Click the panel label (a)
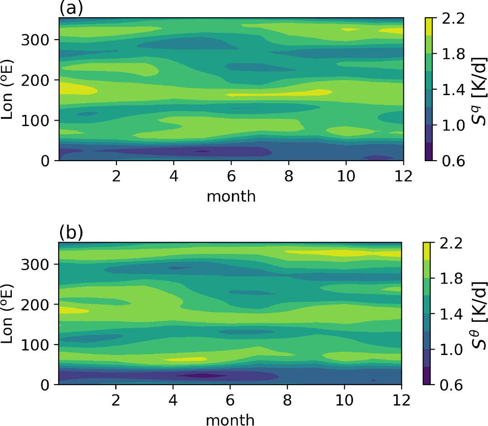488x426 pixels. [70, 8]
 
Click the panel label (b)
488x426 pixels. [71, 232]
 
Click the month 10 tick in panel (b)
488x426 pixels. [346, 400]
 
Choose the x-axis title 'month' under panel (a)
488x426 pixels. [231, 196]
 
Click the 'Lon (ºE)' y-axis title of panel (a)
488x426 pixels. [10, 88]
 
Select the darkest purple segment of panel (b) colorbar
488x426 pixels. [428, 376]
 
